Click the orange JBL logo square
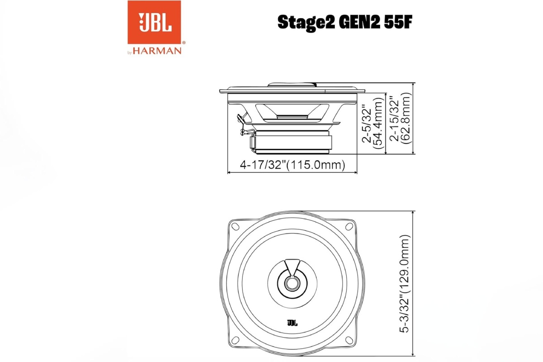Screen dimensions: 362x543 point(154,23)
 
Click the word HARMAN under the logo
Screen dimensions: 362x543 point(157,51)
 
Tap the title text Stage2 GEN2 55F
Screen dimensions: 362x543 point(344,22)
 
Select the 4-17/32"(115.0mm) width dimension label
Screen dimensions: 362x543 point(293,166)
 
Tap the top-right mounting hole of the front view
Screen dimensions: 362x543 point(350,227)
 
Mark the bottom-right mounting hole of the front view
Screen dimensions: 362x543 point(350,340)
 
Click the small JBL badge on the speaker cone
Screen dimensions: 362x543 point(292,323)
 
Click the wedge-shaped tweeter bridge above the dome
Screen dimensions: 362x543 point(292,266)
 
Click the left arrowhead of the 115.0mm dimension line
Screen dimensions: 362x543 point(229,172)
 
